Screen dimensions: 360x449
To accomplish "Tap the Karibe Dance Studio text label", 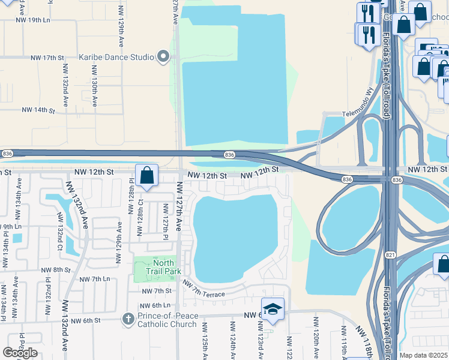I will pos(117,58).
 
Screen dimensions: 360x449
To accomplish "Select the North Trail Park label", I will pos(163,267).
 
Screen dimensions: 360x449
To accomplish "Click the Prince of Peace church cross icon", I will pos(127,319).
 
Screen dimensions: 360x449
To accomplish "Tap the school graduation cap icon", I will pos(273,309).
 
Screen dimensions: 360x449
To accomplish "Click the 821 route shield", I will pos(390,238).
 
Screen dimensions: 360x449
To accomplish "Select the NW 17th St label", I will pos(47,58).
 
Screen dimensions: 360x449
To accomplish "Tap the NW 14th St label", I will pos(38,110).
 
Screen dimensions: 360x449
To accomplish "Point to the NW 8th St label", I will pos(58,270).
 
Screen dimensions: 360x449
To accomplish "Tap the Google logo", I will pos(20,353).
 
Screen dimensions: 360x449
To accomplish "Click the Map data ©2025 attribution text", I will pos(423,355).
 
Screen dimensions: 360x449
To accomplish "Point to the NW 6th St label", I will pos(85,320).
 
